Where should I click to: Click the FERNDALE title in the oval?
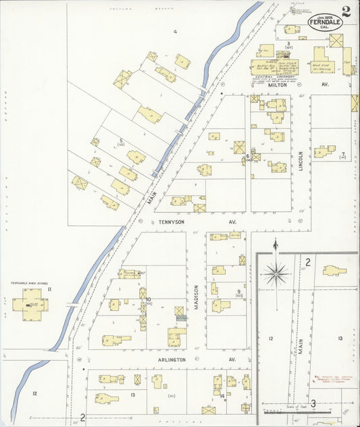(x=325, y=21)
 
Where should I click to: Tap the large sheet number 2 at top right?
(x=346, y=11)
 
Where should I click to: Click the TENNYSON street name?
(x=165, y=221)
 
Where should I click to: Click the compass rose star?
(x=276, y=274)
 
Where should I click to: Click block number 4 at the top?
(x=174, y=32)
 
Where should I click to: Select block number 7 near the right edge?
(x=343, y=155)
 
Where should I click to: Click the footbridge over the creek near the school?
(x=72, y=305)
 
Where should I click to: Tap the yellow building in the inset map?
(x=334, y=270)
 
